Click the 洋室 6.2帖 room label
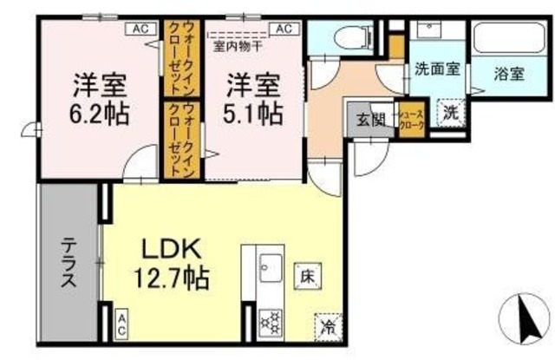click(x=100, y=101)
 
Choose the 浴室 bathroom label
click(x=508, y=74)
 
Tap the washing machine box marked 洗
click(x=451, y=112)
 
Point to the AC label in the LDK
click(x=122, y=324)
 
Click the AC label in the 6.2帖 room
click(x=140, y=29)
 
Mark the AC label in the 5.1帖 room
click(x=282, y=29)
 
